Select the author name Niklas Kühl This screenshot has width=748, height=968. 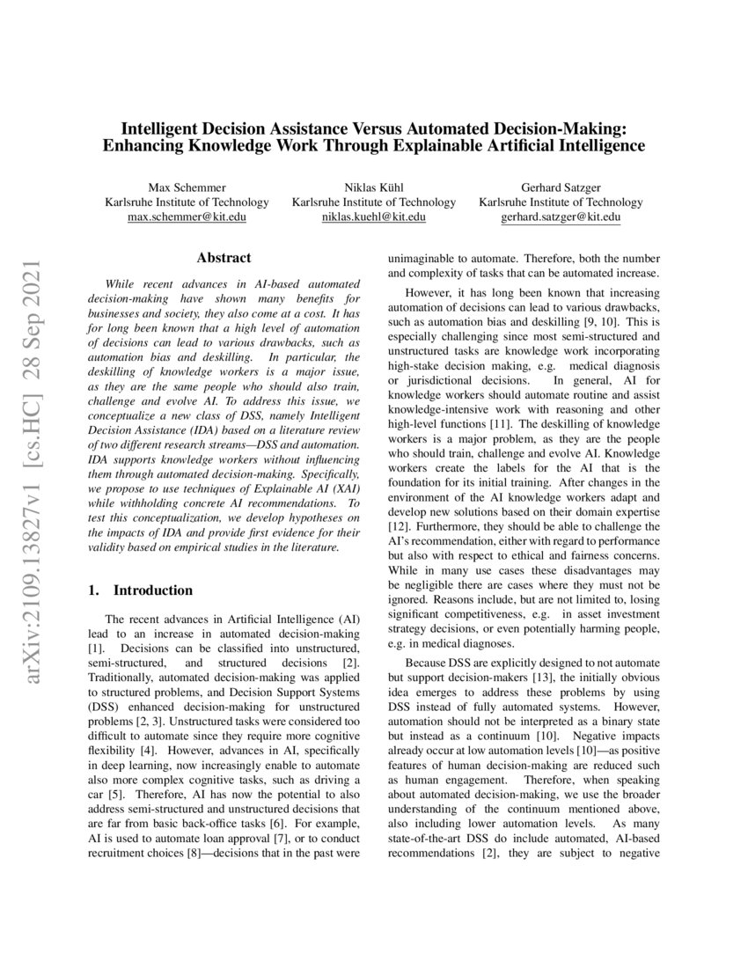click(x=374, y=187)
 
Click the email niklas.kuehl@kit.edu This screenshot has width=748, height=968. click(x=374, y=217)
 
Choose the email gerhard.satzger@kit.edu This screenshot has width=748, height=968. click(x=561, y=217)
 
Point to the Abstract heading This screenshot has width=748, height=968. click(x=224, y=258)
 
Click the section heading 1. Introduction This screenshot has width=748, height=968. click(x=141, y=590)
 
